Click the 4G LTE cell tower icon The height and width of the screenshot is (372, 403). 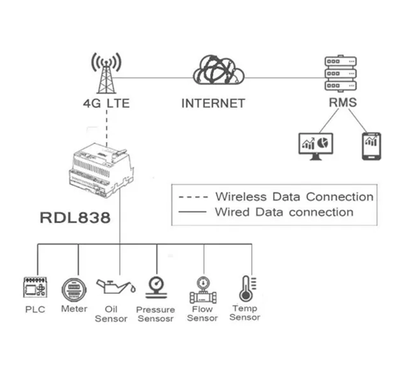pyautogui.click(x=106, y=73)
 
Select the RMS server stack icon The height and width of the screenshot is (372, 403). pyautogui.click(x=342, y=74)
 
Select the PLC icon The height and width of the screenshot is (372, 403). pyautogui.click(x=35, y=288)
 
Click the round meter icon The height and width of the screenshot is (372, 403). pyautogui.click(x=73, y=290)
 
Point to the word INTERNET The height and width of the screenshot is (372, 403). pyautogui.click(x=213, y=104)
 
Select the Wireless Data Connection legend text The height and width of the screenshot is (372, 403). pyautogui.click(x=294, y=197)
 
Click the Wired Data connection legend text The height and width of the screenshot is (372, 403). pyautogui.click(x=284, y=212)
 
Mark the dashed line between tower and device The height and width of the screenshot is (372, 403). pyautogui.click(x=107, y=127)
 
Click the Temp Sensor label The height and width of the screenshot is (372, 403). pyautogui.click(x=245, y=312)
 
